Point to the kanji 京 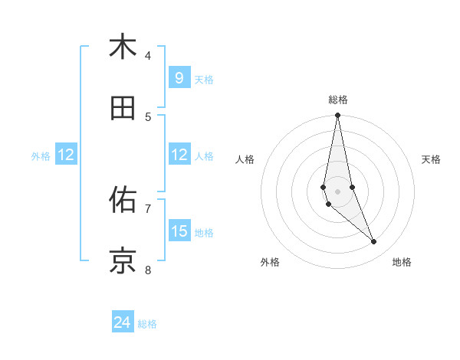[122, 261]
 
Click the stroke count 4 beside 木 [148, 55]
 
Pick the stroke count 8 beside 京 [148, 270]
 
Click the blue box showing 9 [179, 78]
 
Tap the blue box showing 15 [179, 231]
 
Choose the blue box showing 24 [123, 323]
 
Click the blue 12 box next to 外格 [66, 155]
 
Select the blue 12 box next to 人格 [179, 155]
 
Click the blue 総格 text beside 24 [147, 324]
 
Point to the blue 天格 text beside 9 [204, 79]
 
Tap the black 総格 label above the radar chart [338, 100]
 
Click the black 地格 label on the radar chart [402, 262]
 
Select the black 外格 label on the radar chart [270, 262]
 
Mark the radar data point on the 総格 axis [337, 116]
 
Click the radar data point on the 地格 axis [374, 242]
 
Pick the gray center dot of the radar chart [337, 191]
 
